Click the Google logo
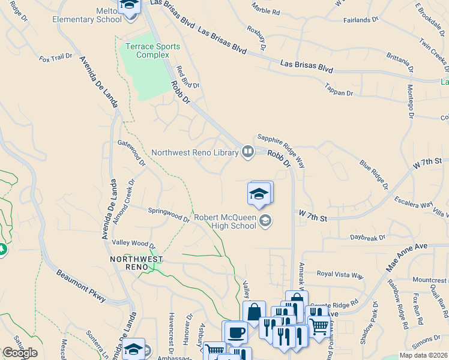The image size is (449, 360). tap(20, 353)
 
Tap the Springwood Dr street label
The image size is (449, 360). tap(169, 214)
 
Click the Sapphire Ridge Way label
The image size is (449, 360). tap(283, 145)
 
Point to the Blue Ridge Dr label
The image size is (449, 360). tap(374, 172)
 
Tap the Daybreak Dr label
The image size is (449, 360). tap(368, 238)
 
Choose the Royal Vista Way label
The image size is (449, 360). tap(340, 274)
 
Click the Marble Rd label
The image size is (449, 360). tap(266, 10)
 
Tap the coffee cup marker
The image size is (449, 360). tap(235, 332)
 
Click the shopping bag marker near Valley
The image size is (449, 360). tap(254, 312)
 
